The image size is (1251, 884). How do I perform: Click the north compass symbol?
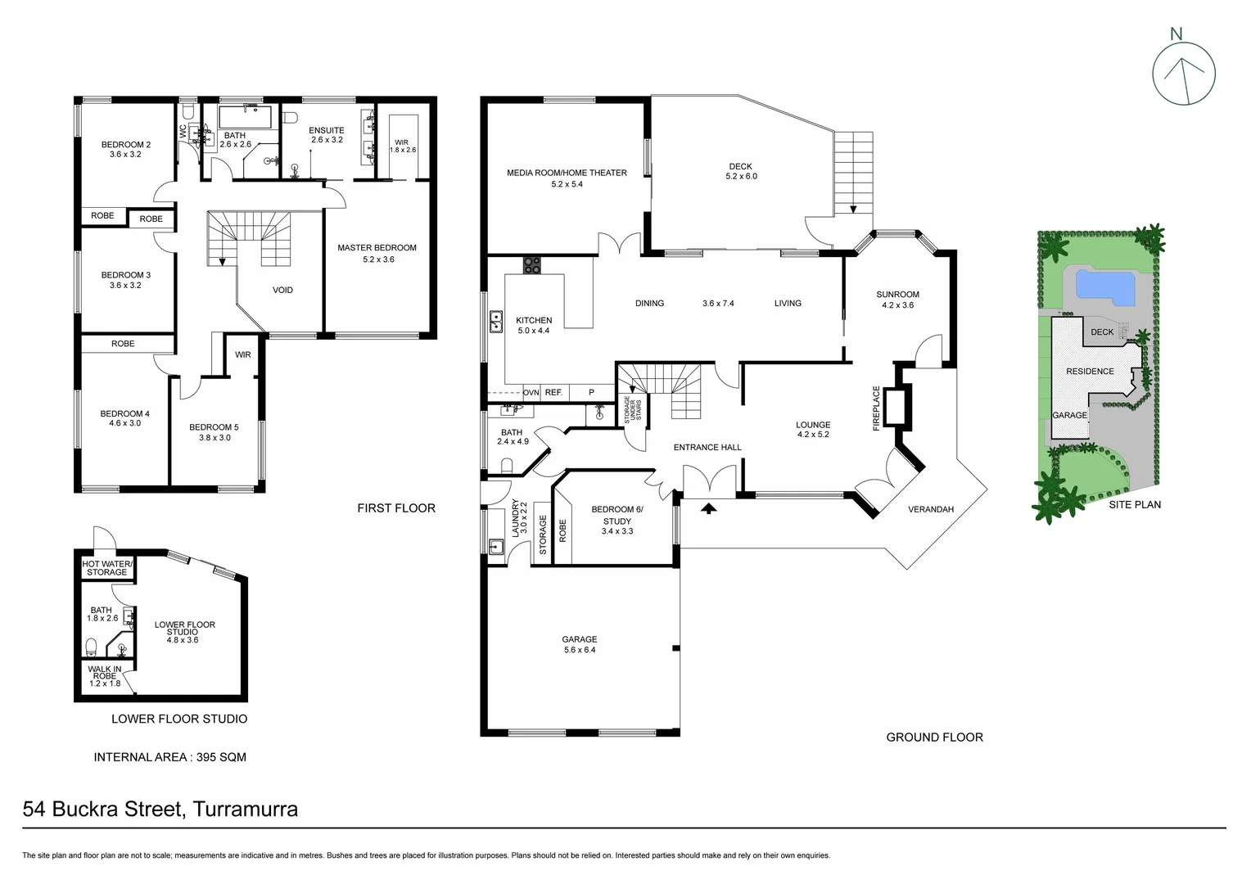pyautogui.click(x=1184, y=73)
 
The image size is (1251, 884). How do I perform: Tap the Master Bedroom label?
pyautogui.click(x=377, y=248)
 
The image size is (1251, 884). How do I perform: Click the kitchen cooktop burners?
pyautogui.click(x=532, y=265)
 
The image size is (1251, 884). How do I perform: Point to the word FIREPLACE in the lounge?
pyautogui.click(x=876, y=408)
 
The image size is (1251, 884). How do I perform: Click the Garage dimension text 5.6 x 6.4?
pyautogui.click(x=579, y=650)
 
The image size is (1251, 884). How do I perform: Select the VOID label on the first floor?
pyautogui.click(x=282, y=290)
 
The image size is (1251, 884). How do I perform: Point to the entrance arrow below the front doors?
pyautogui.click(x=708, y=508)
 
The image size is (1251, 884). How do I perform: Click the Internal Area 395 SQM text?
pyautogui.click(x=169, y=757)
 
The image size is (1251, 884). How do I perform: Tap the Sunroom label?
pyautogui.click(x=897, y=295)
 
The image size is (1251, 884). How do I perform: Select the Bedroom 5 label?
pyautogui.click(x=214, y=427)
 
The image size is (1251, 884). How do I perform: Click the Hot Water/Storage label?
pyautogui.click(x=106, y=567)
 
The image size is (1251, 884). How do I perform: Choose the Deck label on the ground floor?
pyautogui.click(x=740, y=166)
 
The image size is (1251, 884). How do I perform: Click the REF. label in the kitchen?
pyautogui.click(x=553, y=393)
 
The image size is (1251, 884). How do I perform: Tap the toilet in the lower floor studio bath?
pyautogui.click(x=91, y=646)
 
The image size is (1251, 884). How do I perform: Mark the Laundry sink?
pyautogui.click(x=495, y=547)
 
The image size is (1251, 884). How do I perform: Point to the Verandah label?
pyautogui.click(x=931, y=509)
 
